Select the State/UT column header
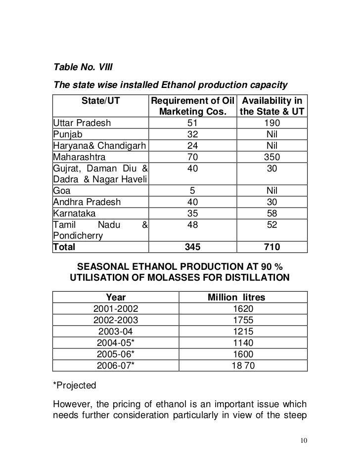(x=101, y=101)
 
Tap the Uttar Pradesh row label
(x=82, y=123)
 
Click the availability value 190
(x=272, y=123)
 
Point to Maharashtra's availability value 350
(x=272, y=158)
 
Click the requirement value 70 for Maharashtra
(x=193, y=158)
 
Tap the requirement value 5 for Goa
(x=193, y=192)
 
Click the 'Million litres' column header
(x=236, y=298)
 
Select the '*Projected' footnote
(x=71, y=385)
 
